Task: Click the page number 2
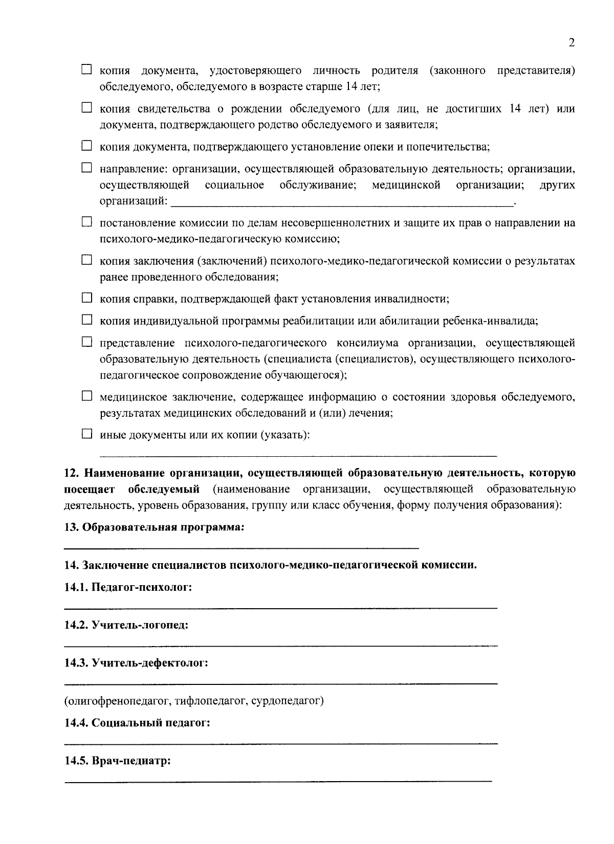pyautogui.click(x=572, y=43)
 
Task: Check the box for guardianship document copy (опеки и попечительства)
pyautogui.click(x=87, y=147)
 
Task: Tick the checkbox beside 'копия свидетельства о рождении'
pyautogui.click(x=87, y=108)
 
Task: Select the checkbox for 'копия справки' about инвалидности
pyautogui.click(x=87, y=298)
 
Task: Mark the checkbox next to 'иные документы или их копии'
pyautogui.click(x=87, y=434)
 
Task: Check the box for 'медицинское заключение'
pyautogui.click(x=87, y=396)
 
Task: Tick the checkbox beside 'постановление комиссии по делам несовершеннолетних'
pyautogui.click(x=87, y=223)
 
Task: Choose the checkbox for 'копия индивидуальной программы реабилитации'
pyautogui.click(x=87, y=320)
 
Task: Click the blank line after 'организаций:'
pyautogui.click(x=342, y=204)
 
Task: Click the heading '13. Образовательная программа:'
pyautogui.click(x=154, y=527)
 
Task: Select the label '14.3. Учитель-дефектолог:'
pyautogui.click(x=136, y=663)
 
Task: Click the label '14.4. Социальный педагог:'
pyautogui.click(x=137, y=723)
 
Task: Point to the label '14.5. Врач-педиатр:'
pyautogui.click(x=117, y=761)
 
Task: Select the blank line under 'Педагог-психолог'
pyautogui.click(x=280, y=608)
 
